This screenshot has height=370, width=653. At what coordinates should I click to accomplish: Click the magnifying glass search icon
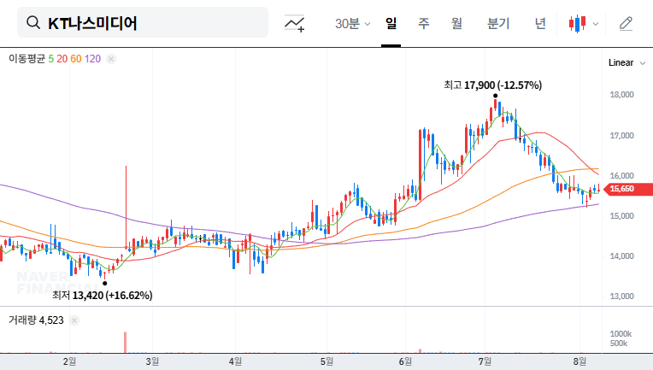pyautogui.click(x=34, y=23)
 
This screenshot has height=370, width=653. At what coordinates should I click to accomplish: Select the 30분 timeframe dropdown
pyautogui.click(x=352, y=23)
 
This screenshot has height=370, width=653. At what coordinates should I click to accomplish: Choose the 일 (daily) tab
pyautogui.click(x=391, y=23)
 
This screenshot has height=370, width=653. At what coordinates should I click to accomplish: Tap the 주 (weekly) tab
pyautogui.click(x=424, y=23)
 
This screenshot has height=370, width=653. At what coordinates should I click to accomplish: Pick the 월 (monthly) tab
pyautogui.click(x=456, y=23)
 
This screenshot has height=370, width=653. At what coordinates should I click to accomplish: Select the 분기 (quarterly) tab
pyautogui.click(x=497, y=23)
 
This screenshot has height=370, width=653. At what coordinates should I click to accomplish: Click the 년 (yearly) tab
pyautogui.click(x=540, y=23)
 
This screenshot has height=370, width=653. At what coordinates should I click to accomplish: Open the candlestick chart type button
pyautogui.click(x=582, y=23)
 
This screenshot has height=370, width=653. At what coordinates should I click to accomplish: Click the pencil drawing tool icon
pyautogui.click(x=627, y=23)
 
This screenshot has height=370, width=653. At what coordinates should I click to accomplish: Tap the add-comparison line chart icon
pyautogui.click(x=295, y=24)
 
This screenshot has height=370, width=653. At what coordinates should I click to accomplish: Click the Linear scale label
pyautogui.click(x=621, y=62)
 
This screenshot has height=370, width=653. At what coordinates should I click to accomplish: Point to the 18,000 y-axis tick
pyautogui.click(x=621, y=95)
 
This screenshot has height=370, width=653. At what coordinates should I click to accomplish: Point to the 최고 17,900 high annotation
pyautogui.click(x=492, y=85)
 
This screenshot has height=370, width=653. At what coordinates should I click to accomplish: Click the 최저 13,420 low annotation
pyautogui.click(x=102, y=296)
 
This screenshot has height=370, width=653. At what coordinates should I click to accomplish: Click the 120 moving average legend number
pyautogui.click(x=93, y=59)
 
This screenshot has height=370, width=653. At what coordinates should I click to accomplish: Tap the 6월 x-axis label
pyautogui.click(x=405, y=361)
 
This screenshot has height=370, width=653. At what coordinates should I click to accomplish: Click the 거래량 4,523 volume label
pyautogui.click(x=36, y=320)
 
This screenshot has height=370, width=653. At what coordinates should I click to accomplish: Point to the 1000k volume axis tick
pyautogui.click(x=621, y=333)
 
